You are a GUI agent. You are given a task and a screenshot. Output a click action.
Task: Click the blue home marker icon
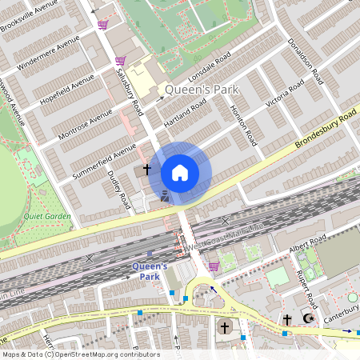[x=180, y=172]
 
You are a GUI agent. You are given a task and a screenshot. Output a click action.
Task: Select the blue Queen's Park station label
[x=150, y=271]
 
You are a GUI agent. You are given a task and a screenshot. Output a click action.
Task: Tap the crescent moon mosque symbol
[x=308, y=319]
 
